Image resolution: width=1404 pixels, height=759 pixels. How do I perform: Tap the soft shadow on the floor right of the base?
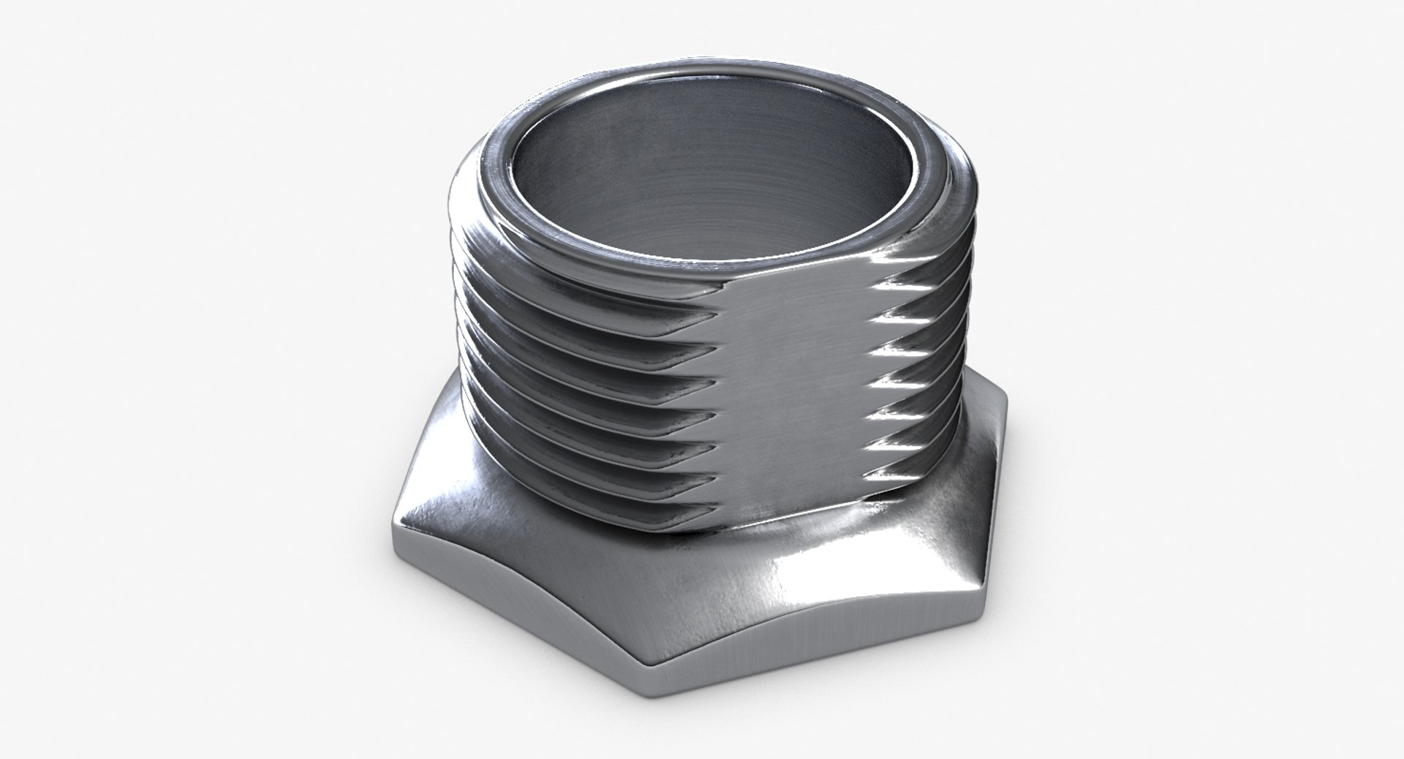[1097, 585]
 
